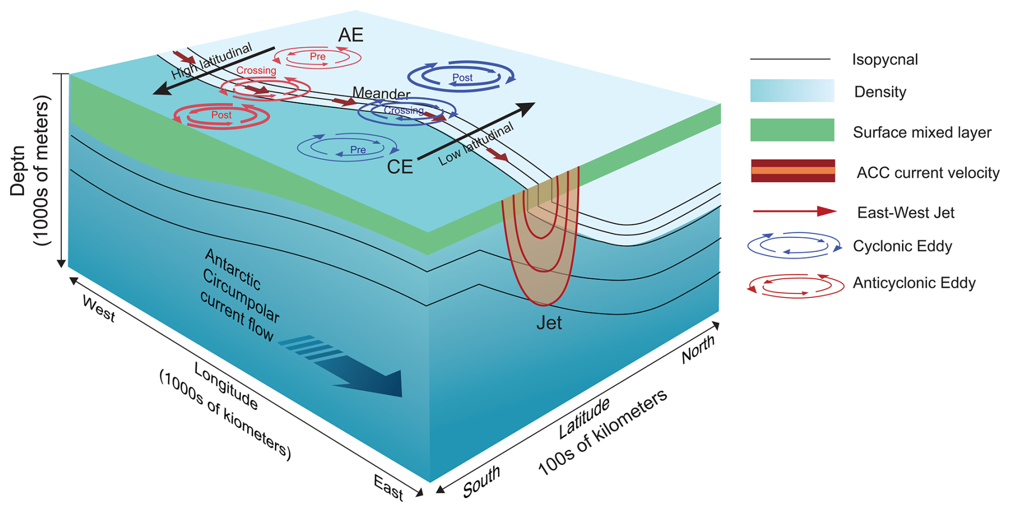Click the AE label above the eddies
click(x=351, y=35)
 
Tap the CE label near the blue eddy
click(x=400, y=167)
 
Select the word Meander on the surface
click(x=381, y=93)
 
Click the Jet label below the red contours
click(x=549, y=323)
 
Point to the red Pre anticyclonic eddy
click(x=318, y=57)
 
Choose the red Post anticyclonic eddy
click(x=222, y=115)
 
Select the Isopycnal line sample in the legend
click(x=790, y=59)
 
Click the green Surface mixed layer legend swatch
click(x=792, y=130)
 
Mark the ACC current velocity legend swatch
click(x=793, y=171)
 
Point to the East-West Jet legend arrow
click(x=794, y=211)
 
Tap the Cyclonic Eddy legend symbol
click(x=794, y=246)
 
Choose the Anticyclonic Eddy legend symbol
click(x=795, y=285)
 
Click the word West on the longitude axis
click(x=99, y=309)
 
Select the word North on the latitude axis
click(x=698, y=350)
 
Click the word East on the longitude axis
click(x=389, y=487)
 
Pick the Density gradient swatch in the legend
click(x=792, y=91)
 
